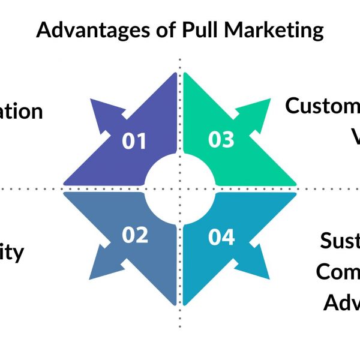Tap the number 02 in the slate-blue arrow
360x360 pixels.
134,235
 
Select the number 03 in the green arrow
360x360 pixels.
221,139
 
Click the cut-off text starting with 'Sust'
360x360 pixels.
340,241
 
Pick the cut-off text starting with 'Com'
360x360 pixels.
338,271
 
